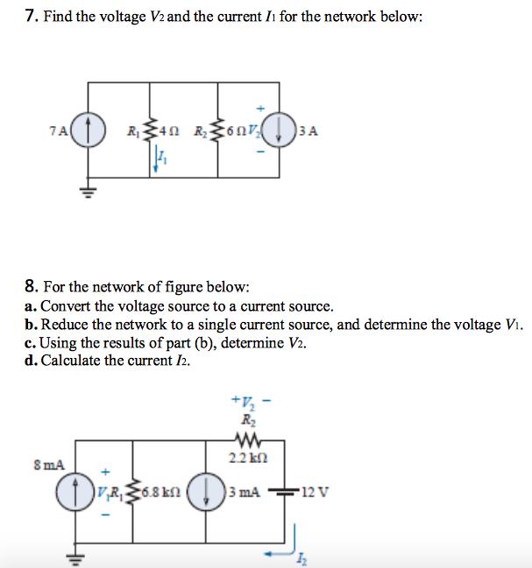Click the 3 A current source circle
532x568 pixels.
tap(279, 132)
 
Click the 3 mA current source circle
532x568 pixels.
tap(209, 492)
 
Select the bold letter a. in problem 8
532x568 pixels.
tap(31, 306)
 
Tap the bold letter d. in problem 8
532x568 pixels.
tap(31, 360)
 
